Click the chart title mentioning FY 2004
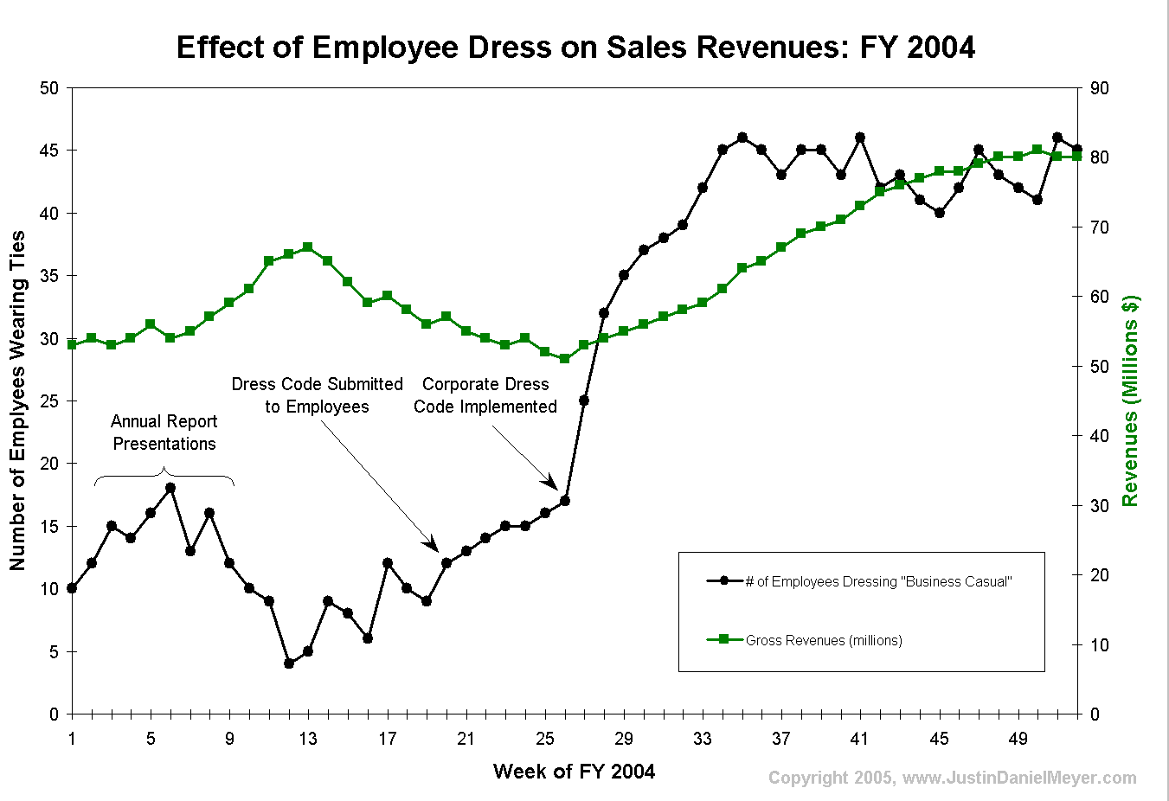pos(575,47)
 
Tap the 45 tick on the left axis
pos(49,151)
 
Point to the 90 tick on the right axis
pos(1099,88)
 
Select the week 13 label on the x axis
pos(308,739)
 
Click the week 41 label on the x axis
pos(859,739)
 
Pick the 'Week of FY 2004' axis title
pos(574,772)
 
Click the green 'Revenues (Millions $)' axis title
pos(1130,400)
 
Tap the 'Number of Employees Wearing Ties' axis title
pos(17,400)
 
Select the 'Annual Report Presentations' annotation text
pos(164,433)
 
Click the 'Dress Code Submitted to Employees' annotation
pos(317,395)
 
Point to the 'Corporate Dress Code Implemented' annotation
pos(485,395)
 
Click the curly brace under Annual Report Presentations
pos(164,475)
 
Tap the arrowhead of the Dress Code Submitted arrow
pos(432,544)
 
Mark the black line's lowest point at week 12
pos(289,663)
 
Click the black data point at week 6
pos(170,488)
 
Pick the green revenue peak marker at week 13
pos(308,247)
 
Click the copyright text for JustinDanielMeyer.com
pos(952,778)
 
